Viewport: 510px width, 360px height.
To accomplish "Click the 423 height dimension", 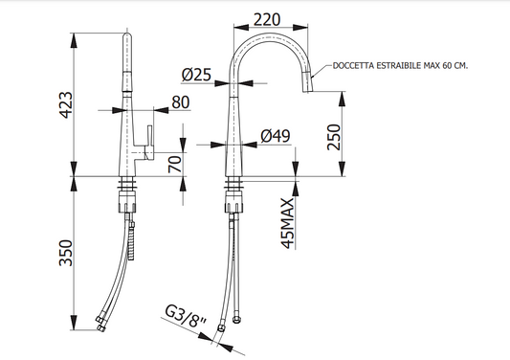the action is tap(66, 104).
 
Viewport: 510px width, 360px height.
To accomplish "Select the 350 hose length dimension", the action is tap(66, 253).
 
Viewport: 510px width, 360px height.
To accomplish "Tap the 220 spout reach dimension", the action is tap(267, 19).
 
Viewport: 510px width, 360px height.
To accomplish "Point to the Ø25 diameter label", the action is tap(196, 75).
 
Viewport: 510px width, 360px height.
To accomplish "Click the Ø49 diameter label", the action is tap(276, 136).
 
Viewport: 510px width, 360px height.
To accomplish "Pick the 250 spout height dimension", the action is tap(334, 137).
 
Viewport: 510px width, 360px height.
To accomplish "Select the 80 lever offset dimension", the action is tap(181, 102).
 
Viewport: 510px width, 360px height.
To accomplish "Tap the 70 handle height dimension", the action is tap(175, 164).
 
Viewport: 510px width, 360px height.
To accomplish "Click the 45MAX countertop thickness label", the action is tap(287, 223).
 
